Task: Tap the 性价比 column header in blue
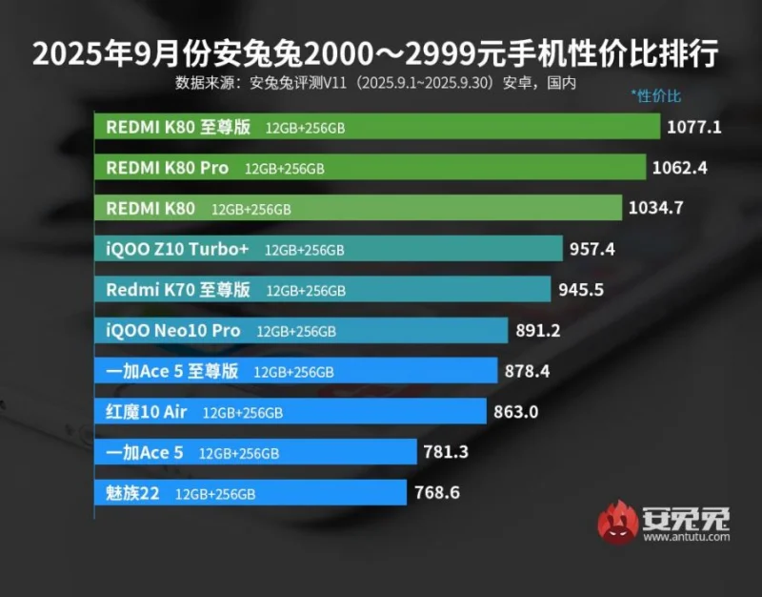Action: pyautogui.click(x=656, y=95)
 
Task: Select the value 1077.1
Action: pyautogui.click(x=695, y=127)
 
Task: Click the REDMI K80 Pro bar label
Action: pyautogui.click(x=167, y=168)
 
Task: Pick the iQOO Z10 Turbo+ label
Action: pyautogui.click(x=178, y=249)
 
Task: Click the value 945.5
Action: pyautogui.click(x=583, y=289)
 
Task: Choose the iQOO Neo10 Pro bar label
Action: pyautogui.click(x=172, y=330)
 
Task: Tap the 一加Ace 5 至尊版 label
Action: pyautogui.click(x=171, y=371)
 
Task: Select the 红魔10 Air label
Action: pyautogui.click(x=147, y=412)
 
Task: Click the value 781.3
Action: pyautogui.click(x=447, y=452)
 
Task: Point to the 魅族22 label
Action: pyautogui.click(x=133, y=493)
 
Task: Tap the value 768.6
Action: pyautogui.click(x=439, y=493)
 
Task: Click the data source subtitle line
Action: pyautogui.click(x=376, y=83)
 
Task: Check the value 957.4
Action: pyautogui.click(x=592, y=249)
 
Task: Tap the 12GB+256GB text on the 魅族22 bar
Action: pyautogui.click(x=216, y=494)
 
